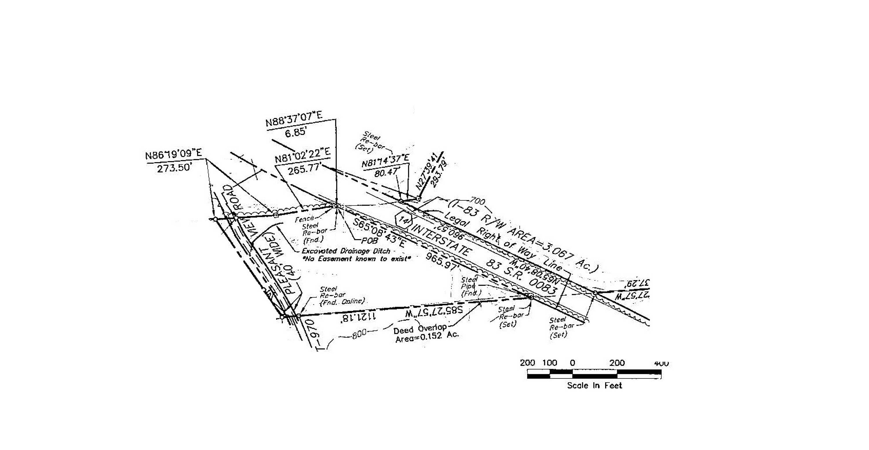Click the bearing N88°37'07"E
coord(294,119)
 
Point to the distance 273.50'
coord(174,168)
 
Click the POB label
coord(369,241)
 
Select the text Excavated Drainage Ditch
coord(346,251)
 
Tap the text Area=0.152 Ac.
coord(427,337)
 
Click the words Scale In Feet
coord(594,385)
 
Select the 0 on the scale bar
coord(572,363)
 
